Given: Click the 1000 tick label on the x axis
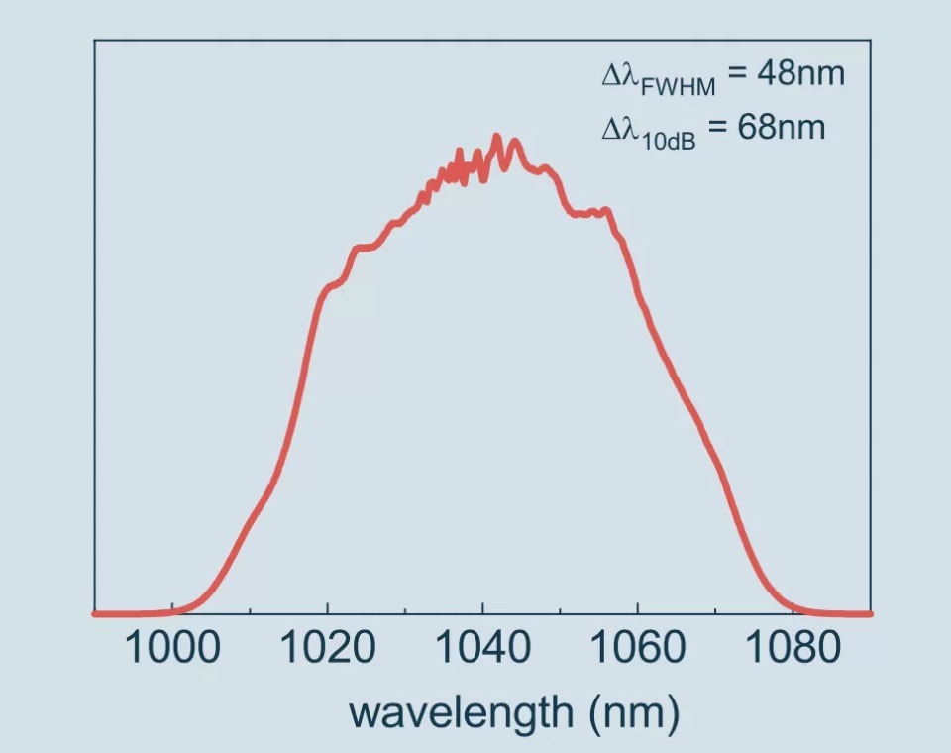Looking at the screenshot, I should tap(172, 649).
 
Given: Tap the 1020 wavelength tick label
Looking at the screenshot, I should tap(327, 649).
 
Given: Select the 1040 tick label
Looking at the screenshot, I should tap(482, 649).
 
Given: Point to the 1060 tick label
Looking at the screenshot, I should tap(637, 649).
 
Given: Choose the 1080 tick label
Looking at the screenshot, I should tap(792, 649).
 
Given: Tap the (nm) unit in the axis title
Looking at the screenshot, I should tap(633, 712).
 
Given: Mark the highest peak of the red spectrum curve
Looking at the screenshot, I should tap(497, 138).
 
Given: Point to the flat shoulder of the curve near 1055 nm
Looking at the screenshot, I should tap(592, 211).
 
